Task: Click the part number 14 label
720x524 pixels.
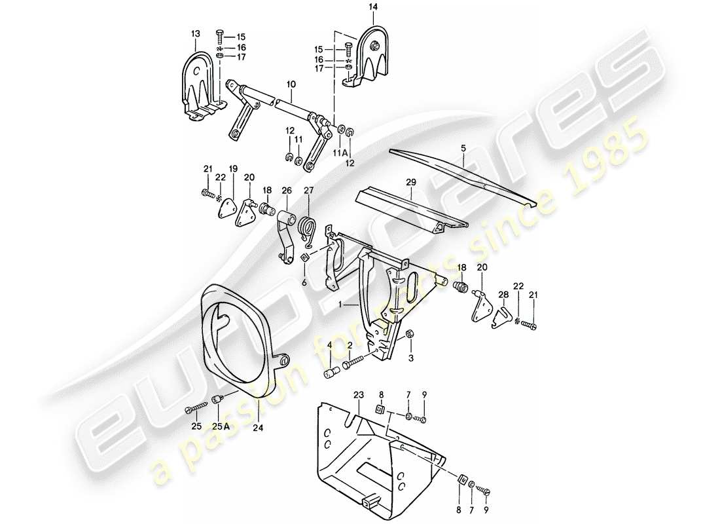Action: coord(372,8)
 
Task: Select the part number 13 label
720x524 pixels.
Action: coord(196,33)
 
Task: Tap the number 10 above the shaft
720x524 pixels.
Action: coord(291,84)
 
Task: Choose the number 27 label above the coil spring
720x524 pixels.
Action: coord(309,191)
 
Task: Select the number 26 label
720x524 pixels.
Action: coord(286,191)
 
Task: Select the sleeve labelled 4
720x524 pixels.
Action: coord(331,375)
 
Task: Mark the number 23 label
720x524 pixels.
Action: coord(359,394)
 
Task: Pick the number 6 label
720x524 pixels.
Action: coord(304,282)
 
